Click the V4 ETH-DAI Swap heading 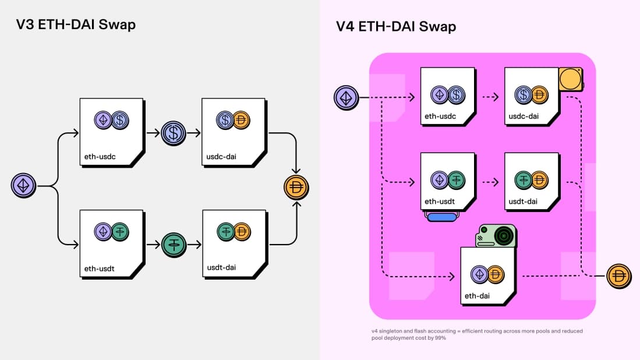(396, 26)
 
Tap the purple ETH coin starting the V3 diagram (24, 186)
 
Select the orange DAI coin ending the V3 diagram (296, 188)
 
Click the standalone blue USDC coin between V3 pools (173, 133)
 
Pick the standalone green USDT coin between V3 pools (173, 244)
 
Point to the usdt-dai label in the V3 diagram (221, 268)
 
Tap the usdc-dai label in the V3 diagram (221, 157)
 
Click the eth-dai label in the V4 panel (477, 296)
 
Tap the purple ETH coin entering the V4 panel (346, 97)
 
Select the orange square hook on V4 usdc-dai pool (571, 79)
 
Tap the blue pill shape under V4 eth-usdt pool (448, 217)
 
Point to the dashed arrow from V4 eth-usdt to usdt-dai (490, 181)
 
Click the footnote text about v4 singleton (476, 334)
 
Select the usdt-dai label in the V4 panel (522, 202)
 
